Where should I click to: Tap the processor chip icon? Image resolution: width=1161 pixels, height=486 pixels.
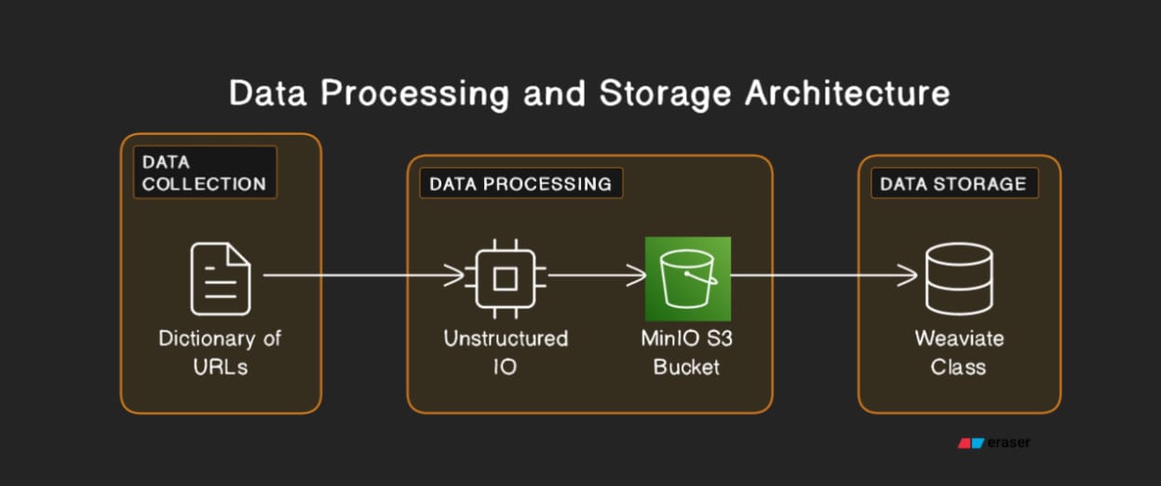(506, 277)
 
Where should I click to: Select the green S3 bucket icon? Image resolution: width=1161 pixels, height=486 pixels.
(688, 278)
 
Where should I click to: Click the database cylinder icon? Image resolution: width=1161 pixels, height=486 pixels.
(958, 277)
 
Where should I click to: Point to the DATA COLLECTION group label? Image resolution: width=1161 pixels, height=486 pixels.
(204, 172)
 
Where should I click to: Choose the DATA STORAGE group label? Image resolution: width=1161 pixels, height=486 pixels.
(953, 183)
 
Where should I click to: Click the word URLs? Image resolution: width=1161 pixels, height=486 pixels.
(221, 366)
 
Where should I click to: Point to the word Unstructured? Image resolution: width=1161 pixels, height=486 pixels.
(506, 337)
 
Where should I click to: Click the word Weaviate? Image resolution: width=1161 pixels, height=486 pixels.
(959, 337)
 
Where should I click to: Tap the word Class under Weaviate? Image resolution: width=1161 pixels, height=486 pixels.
(958, 366)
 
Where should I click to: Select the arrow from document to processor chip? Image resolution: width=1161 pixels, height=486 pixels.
(363, 275)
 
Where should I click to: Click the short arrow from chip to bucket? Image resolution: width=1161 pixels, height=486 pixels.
(596, 275)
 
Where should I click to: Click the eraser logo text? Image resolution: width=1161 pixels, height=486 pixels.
(1009, 443)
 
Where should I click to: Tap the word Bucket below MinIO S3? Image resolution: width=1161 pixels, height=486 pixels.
(687, 366)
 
